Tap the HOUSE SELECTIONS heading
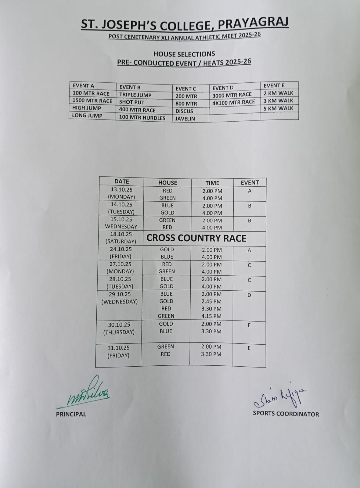click(x=184, y=54)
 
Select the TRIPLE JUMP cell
click(x=135, y=95)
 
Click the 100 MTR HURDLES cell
click(x=142, y=118)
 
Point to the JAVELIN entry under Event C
click(x=185, y=119)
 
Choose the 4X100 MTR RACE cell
click(x=233, y=102)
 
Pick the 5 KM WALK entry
click(x=278, y=108)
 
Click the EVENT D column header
click(x=223, y=88)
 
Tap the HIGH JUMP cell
click(x=87, y=108)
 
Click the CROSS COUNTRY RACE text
click(x=196, y=238)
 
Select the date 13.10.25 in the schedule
click(x=121, y=189)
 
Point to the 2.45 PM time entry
click(x=211, y=301)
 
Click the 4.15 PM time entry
click(x=211, y=316)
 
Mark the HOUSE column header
click(x=167, y=183)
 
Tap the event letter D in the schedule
click(x=249, y=295)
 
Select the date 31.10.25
click(x=118, y=348)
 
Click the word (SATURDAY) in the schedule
click(x=121, y=241)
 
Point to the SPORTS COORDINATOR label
click(x=286, y=414)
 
